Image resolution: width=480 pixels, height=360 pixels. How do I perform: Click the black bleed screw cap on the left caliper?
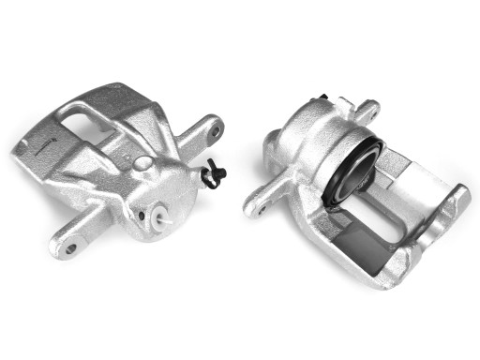pyautogui.click(x=214, y=175)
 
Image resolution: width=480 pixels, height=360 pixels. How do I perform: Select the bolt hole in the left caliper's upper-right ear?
pyautogui.click(x=215, y=131)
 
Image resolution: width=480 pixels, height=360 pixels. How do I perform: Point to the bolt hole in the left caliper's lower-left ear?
pyautogui.click(x=69, y=248)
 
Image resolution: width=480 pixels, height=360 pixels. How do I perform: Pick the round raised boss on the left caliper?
pyautogui.click(x=142, y=163)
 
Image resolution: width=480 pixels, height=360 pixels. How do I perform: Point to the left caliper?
pyautogui.click(x=122, y=169)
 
